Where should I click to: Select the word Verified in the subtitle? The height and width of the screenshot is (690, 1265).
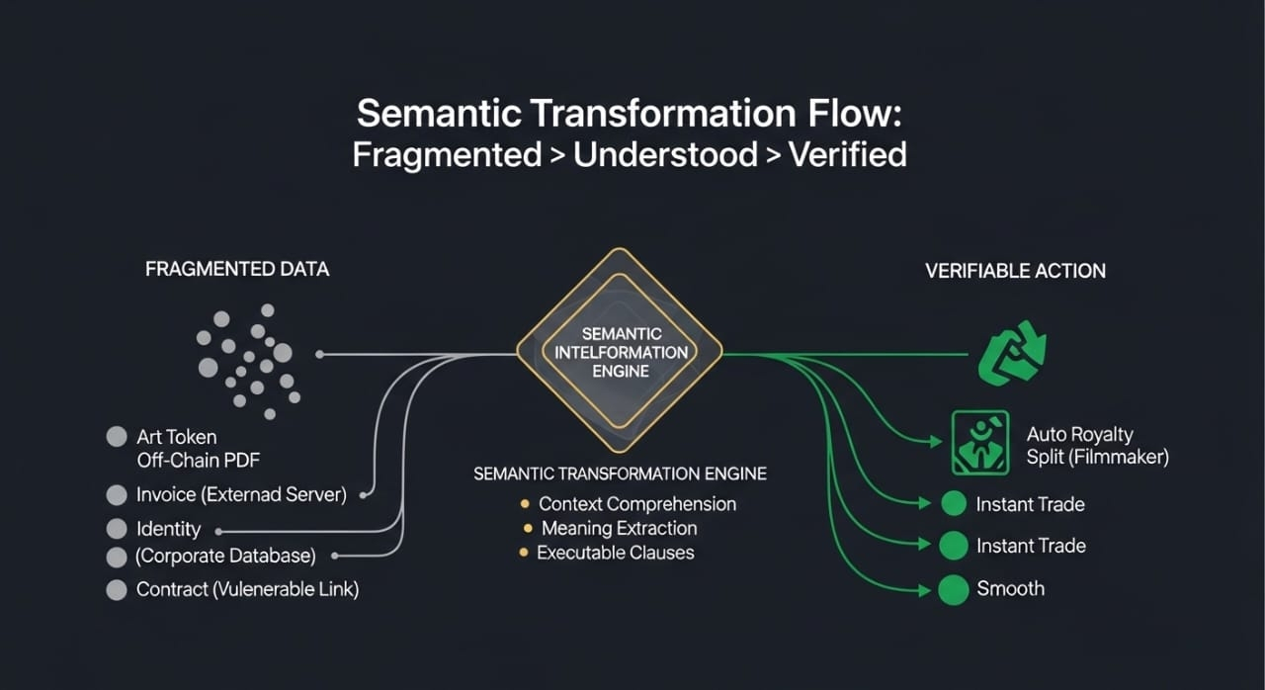847,155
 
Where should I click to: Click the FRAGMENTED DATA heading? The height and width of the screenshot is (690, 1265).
237,269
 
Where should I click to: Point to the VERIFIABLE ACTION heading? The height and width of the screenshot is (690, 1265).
1015,271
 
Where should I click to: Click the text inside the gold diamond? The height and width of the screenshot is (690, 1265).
621,352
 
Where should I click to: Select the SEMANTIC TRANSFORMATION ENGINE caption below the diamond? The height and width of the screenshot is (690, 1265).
620,474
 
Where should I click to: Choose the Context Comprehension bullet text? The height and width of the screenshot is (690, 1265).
636,504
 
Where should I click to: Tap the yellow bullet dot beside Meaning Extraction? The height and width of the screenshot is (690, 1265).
529,529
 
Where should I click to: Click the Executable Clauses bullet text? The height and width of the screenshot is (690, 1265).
615,554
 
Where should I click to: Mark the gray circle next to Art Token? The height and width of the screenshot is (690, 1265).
117,436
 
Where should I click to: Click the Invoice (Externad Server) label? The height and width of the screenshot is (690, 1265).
241,495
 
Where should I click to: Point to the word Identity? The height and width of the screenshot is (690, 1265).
168,529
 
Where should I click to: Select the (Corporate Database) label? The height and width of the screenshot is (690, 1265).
225,557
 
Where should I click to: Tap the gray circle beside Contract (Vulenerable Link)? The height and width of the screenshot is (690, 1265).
117,590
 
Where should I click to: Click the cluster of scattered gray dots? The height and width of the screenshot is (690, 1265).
248,357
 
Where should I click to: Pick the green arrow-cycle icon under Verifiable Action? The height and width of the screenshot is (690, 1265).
1011,352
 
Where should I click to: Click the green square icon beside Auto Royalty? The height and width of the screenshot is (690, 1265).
979,442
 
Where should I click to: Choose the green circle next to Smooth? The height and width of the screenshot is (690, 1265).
953,590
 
